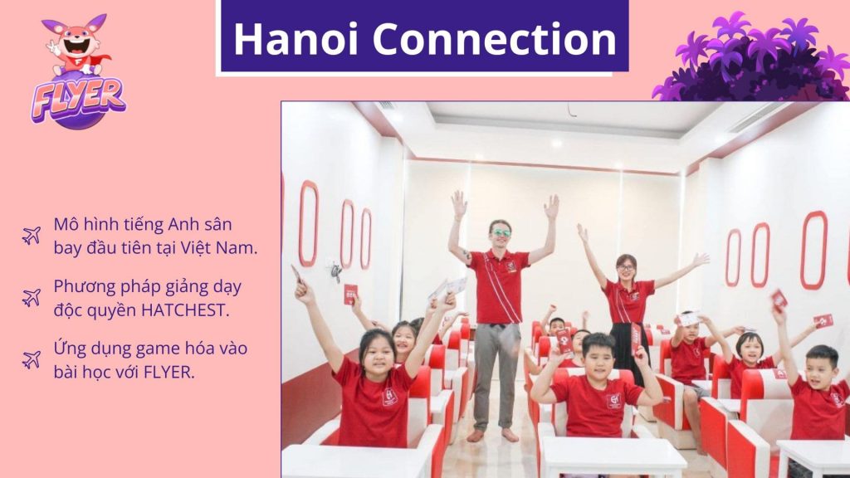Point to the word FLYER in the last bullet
click(x=167, y=371)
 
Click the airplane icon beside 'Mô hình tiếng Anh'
click(x=32, y=235)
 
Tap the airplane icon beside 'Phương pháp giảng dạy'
click(x=32, y=296)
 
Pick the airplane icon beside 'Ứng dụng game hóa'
click(x=32, y=359)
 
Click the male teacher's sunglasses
click(x=500, y=233)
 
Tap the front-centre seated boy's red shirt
click(x=597, y=406)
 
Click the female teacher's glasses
click(x=625, y=268)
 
